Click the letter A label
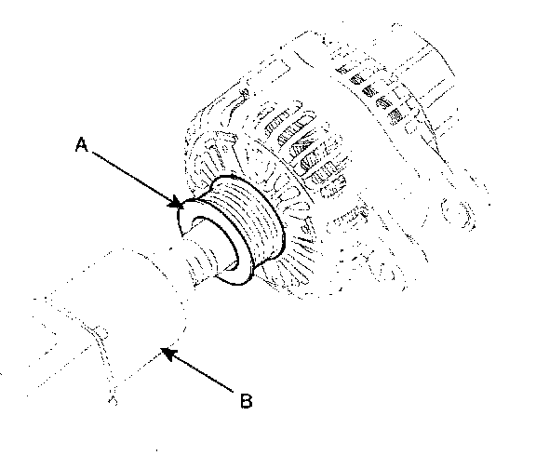82,144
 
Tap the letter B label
246,401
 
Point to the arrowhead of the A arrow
175,202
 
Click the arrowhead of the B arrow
168,353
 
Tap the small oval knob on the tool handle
100,331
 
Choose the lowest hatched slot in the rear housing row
396,116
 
